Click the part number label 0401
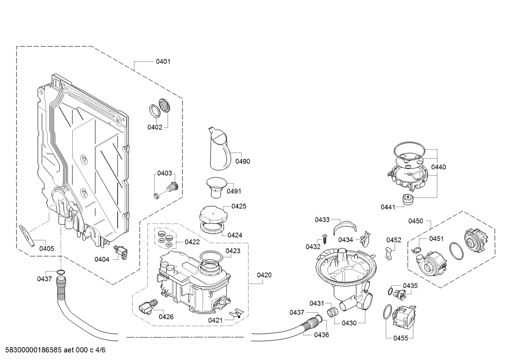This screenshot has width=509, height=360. point(163,61)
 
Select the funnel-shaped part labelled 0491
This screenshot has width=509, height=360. point(216,187)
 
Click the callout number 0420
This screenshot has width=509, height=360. point(264,275)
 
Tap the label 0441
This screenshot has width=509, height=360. point(388,207)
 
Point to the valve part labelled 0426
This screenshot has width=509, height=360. point(148,307)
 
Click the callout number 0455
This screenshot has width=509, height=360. point(401,338)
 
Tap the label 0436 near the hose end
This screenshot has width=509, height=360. point(322,335)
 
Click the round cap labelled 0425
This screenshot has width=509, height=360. point(213,214)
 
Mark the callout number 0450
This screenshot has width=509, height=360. point(416,221)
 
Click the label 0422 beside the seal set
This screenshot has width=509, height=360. point(192,242)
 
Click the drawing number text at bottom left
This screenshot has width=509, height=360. point(55,350)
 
